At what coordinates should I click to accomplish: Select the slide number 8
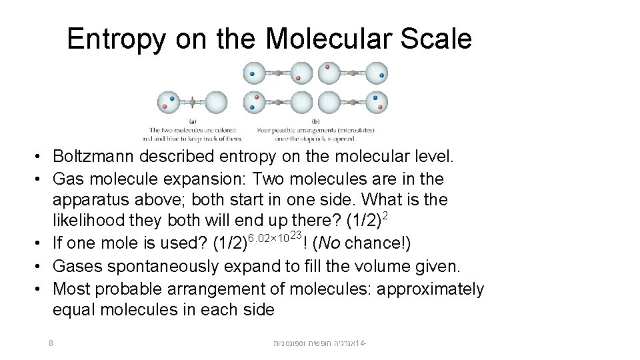(x=51, y=343)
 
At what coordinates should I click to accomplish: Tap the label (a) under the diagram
(x=193, y=121)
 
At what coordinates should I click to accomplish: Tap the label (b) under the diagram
(x=316, y=121)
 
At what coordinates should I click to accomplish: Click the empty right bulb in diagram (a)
(x=216, y=103)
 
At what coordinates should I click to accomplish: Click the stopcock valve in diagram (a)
(x=192, y=103)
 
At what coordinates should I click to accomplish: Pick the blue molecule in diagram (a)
(x=171, y=99)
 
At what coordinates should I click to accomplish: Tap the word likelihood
(x=84, y=220)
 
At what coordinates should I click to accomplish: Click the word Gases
(x=75, y=267)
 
